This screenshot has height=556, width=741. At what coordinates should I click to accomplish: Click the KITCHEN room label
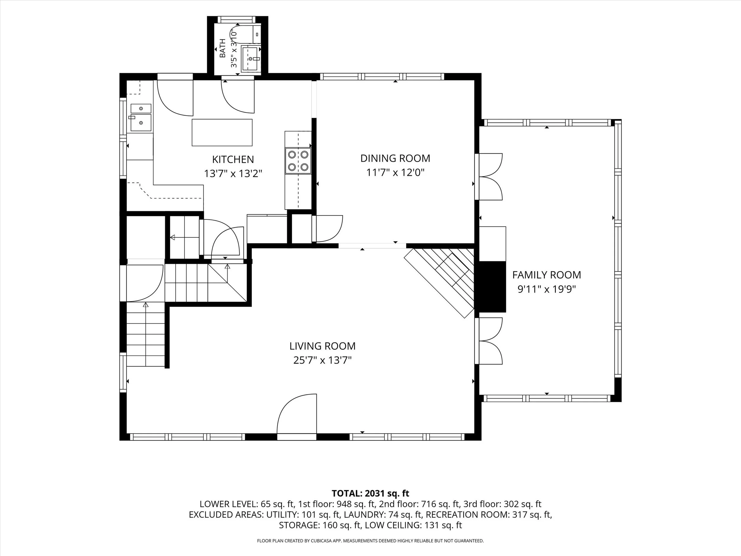click(233, 159)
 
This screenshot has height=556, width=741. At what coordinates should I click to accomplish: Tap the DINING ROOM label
click(395, 158)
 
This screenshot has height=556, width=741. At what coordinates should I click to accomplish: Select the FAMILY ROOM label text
click(547, 275)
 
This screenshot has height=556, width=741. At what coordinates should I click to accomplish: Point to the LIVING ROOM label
click(322, 346)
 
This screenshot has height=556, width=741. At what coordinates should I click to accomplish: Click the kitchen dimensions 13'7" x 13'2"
click(233, 173)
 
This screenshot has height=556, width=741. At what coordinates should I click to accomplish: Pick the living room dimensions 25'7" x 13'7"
click(322, 360)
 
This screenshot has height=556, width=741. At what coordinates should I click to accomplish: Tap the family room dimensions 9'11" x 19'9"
click(547, 289)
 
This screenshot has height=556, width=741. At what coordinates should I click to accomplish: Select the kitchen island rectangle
click(222, 132)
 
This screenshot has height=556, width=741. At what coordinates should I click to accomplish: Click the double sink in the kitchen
click(141, 118)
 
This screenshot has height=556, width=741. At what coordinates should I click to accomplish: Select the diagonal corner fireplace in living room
click(440, 282)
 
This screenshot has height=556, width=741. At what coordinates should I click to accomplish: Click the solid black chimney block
click(492, 286)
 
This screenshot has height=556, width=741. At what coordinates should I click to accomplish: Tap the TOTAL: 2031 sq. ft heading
click(370, 493)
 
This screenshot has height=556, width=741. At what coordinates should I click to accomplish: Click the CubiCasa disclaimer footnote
click(370, 541)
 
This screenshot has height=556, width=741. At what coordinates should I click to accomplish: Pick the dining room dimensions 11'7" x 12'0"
click(395, 173)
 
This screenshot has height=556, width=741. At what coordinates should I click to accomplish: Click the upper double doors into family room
click(489, 177)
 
